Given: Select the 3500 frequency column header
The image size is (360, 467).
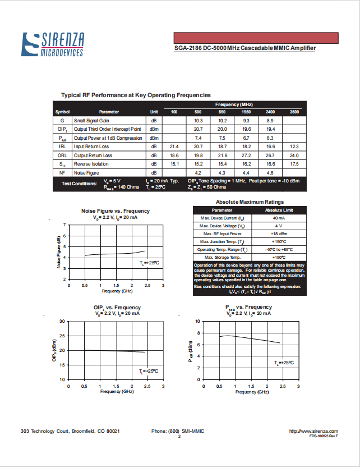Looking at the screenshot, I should [294, 112].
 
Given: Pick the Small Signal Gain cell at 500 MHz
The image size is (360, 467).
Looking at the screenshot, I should [198, 121].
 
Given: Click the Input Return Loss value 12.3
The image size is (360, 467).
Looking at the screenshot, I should [294, 146].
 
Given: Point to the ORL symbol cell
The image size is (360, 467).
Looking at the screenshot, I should [62, 155].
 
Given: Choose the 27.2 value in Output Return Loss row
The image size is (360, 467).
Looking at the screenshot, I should [246, 155].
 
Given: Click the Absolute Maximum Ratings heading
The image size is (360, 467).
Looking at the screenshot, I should [250, 202].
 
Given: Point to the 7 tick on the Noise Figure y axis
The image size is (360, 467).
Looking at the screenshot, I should [64, 225].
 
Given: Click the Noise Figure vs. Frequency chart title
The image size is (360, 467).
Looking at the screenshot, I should [116, 211].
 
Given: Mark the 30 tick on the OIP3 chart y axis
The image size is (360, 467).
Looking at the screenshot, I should [62, 322].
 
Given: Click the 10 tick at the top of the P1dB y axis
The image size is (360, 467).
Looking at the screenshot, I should [197, 322].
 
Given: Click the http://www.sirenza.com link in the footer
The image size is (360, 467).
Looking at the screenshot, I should [313, 431].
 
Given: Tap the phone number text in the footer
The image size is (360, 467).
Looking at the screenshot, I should [178, 431].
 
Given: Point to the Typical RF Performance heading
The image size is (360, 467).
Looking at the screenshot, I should [136, 95].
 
